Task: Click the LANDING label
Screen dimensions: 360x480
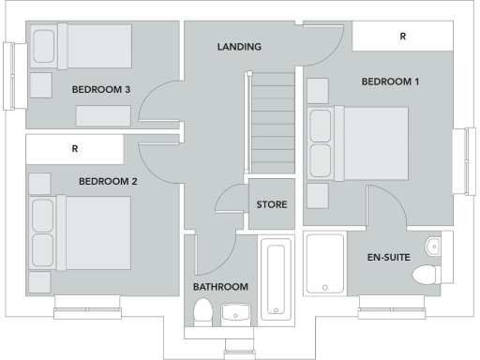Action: (x=239, y=47)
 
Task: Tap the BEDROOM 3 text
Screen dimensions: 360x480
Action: (x=100, y=90)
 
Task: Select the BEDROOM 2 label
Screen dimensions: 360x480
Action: (x=108, y=182)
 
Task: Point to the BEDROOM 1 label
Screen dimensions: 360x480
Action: (x=390, y=82)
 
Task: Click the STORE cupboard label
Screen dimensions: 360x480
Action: (x=272, y=204)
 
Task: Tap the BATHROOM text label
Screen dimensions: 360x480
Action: (x=220, y=287)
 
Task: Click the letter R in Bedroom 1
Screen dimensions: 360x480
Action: (x=403, y=37)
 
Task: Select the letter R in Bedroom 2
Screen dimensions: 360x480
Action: (x=74, y=149)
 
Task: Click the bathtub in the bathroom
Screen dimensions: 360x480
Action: (x=277, y=279)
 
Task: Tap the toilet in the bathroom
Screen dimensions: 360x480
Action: (x=202, y=312)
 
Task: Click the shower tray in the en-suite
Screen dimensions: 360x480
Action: (x=325, y=263)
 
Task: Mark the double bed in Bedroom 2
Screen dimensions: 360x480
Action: (x=81, y=232)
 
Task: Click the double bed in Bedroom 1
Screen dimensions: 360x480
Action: (x=358, y=143)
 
